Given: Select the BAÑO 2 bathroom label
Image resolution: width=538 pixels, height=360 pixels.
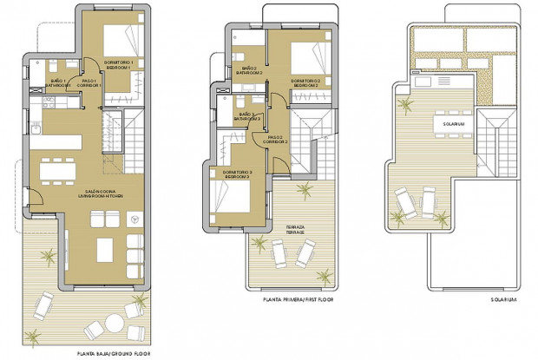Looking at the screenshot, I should click(249, 70).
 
